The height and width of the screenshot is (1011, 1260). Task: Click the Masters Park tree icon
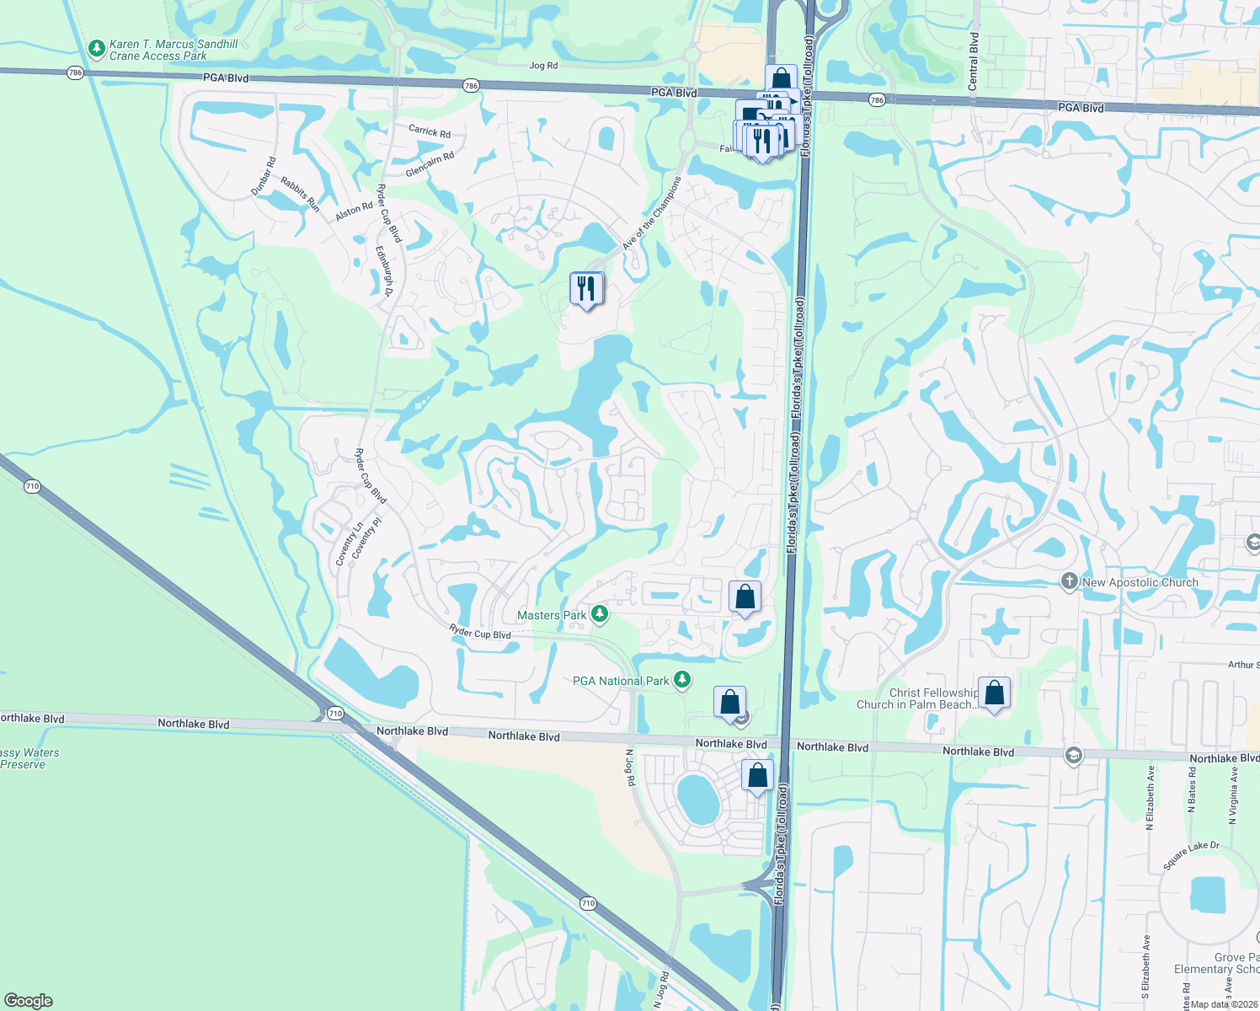(600, 614)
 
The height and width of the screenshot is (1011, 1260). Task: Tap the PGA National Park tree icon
(682, 680)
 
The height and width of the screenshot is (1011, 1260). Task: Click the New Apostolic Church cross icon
(1069, 581)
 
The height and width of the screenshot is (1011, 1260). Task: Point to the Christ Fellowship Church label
(918, 698)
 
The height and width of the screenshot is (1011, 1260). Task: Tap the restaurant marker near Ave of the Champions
(586, 290)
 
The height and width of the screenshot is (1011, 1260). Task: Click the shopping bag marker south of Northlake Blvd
(757, 776)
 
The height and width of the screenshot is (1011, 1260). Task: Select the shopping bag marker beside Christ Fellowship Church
(994, 693)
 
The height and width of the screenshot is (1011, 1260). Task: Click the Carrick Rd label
(430, 131)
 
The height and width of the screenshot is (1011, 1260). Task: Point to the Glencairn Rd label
(430, 164)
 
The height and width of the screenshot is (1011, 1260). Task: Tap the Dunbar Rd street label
(264, 177)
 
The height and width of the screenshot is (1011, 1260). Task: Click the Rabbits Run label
(301, 194)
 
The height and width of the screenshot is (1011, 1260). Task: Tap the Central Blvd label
(974, 62)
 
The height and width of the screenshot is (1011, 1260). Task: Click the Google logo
(29, 1001)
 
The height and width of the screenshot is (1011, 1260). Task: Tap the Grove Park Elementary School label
(1217, 963)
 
